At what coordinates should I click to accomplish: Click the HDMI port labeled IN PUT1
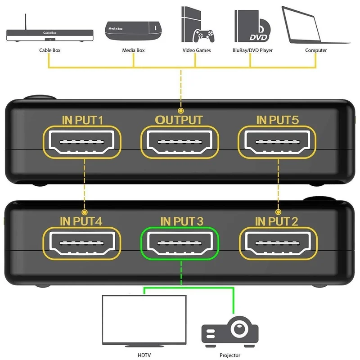(83, 142)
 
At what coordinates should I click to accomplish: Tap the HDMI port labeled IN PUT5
(277, 142)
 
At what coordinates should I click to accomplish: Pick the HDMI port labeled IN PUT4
(83, 243)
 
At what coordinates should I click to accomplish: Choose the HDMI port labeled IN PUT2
(277, 243)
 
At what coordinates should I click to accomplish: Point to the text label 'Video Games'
(196, 50)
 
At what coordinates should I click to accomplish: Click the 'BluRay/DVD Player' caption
(253, 50)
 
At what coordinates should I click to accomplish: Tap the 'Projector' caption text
(230, 355)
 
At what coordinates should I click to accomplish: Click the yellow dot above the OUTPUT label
(180, 110)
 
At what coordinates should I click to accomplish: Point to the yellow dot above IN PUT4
(84, 211)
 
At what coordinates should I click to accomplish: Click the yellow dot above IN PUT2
(278, 211)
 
